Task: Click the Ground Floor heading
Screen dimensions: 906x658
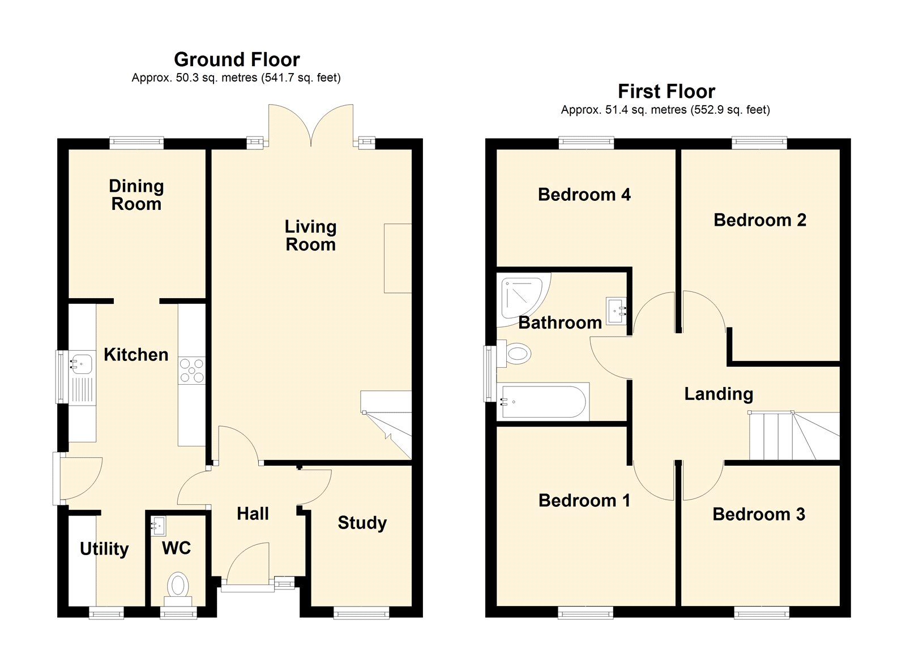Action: pos(237,59)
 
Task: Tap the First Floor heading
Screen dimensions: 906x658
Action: pos(666,91)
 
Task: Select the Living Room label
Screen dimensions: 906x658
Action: pos(311,235)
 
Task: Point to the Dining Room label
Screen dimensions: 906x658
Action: pos(136,195)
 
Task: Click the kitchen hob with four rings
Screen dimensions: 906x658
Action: pos(192,370)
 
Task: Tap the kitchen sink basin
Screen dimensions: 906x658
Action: pos(82,363)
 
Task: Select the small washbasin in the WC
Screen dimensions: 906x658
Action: pos(158,526)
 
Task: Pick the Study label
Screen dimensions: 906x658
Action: pos(362,523)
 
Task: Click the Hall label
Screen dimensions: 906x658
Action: pos(253,514)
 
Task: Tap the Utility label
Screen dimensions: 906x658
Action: pos(104,549)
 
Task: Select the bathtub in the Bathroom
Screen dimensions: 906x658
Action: pos(543,402)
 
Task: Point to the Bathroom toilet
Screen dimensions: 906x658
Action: pos(514,354)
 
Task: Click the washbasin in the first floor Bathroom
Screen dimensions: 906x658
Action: pos(617,311)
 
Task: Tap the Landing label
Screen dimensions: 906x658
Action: pos(719,394)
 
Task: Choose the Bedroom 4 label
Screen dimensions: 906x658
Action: pos(584,195)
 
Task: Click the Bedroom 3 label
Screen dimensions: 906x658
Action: pos(759,514)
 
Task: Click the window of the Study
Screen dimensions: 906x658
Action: pos(362,614)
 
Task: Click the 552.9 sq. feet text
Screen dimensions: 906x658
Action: pos(730,110)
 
